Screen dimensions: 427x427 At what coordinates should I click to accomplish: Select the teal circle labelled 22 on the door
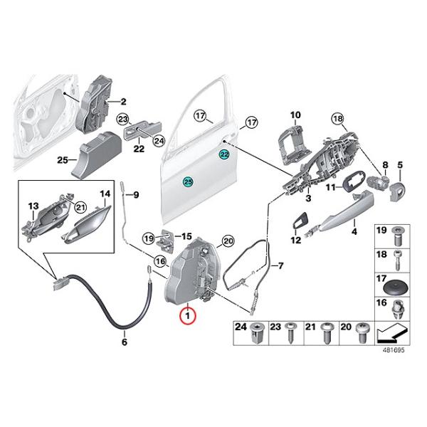click(225, 154)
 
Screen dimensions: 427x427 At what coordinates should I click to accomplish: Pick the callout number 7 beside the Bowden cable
click(280, 267)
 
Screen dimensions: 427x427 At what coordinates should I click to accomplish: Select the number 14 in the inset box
click(105, 194)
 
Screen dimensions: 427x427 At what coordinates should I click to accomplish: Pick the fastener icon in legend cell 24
click(257, 332)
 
